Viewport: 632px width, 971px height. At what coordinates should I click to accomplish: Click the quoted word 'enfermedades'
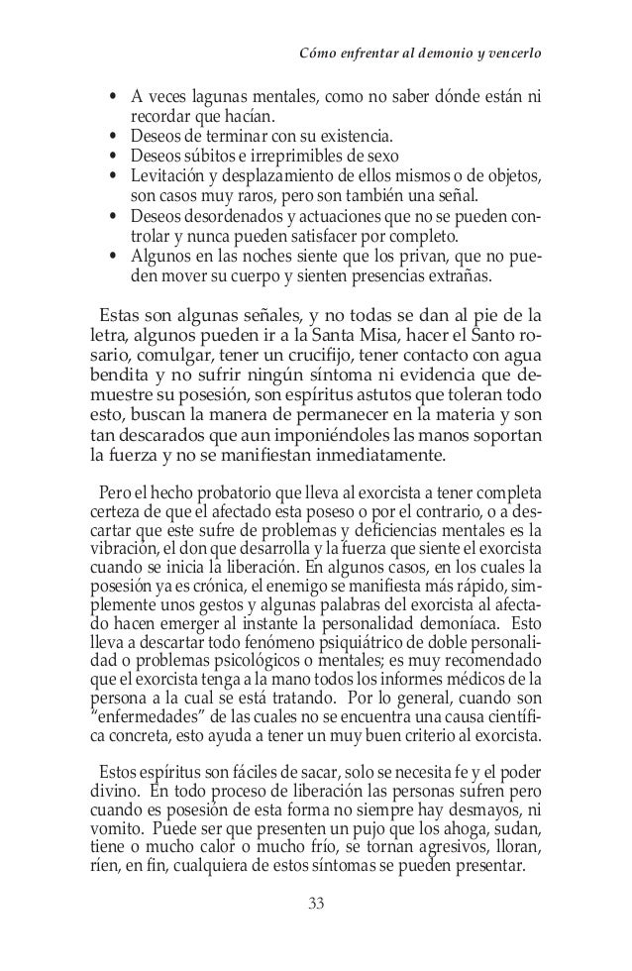point(136,720)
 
